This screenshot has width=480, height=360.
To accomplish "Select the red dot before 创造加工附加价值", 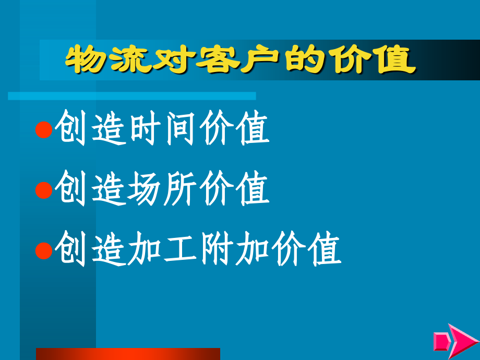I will pos(44,251).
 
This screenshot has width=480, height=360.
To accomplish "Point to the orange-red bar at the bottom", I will pos(128,354).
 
